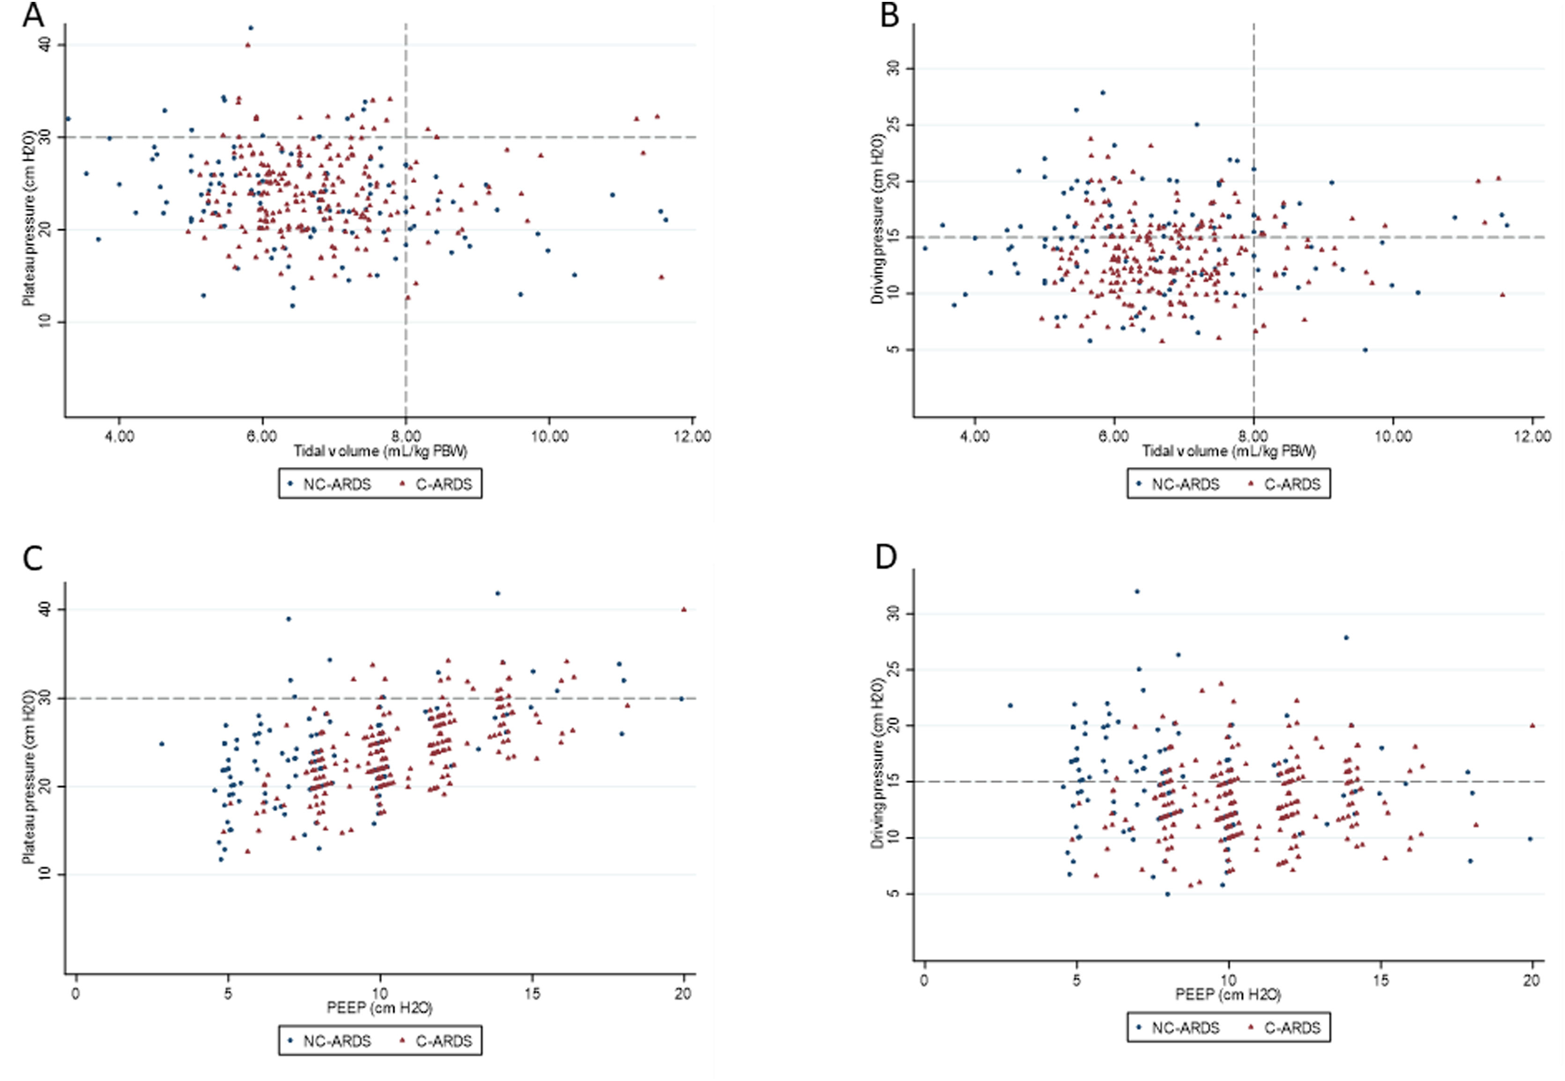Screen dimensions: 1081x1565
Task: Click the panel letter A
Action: click(34, 15)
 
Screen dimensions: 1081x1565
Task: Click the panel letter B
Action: click(889, 15)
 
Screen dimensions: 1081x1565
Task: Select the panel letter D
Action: click(886, 557)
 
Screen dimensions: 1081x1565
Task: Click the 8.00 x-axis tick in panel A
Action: click(406, 436)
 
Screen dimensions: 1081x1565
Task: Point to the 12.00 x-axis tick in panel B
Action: click(1533, 436)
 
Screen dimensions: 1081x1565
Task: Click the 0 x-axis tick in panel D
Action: click(924, 980)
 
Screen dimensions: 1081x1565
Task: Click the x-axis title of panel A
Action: click(380, 451)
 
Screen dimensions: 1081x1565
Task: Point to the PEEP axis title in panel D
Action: click(1228, 994)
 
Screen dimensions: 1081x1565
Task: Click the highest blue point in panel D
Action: click(1137, 591)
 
